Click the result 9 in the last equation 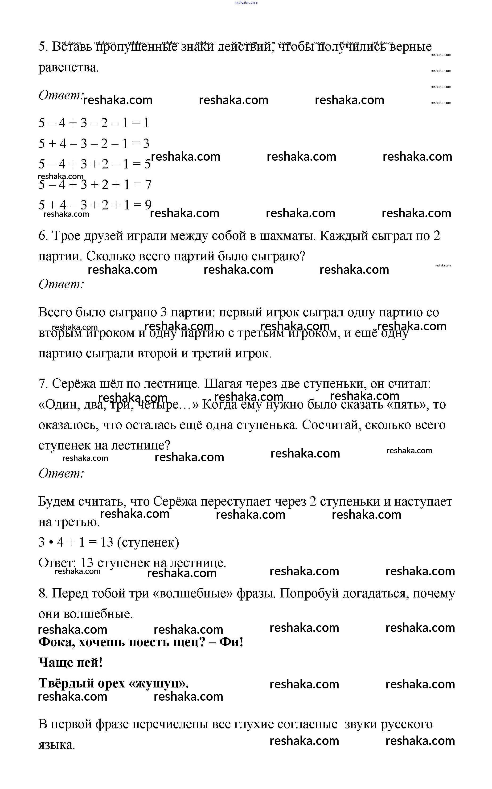148,205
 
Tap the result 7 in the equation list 148,184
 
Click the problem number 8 43,593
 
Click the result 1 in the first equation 146,123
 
